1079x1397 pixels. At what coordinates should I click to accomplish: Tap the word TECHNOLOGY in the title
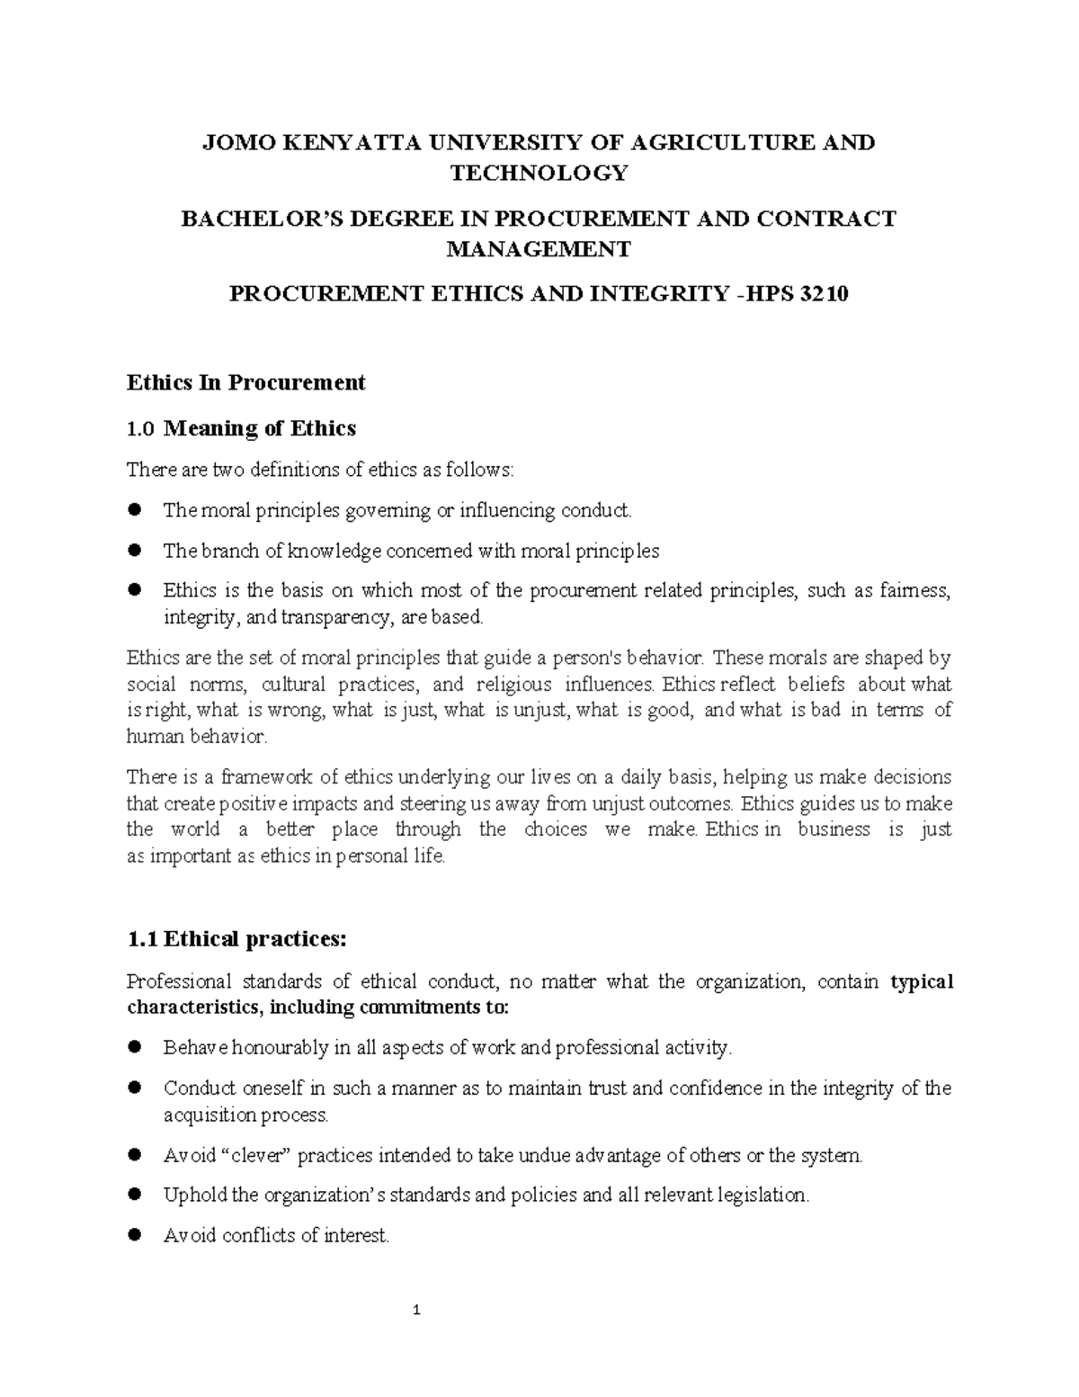point(539,173)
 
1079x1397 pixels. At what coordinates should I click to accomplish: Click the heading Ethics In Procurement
point(245,383)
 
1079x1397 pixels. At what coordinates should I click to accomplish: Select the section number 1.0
point(141,429)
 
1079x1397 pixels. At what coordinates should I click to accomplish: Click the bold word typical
point(921,981)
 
